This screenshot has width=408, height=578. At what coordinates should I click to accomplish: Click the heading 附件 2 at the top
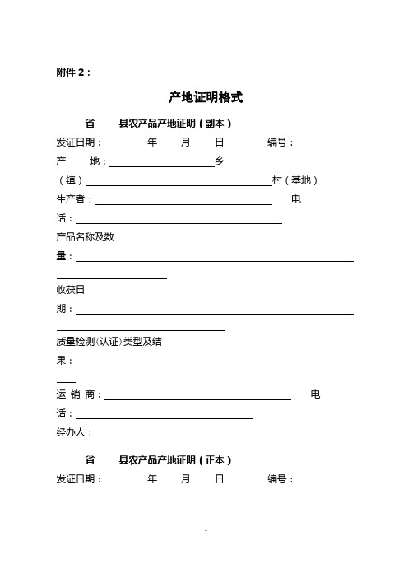[74, 72]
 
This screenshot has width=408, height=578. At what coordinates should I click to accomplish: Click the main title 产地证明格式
[206, 97]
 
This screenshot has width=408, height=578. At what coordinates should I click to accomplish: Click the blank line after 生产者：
[184, 203]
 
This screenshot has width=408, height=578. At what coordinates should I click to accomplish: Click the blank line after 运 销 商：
[198, 399]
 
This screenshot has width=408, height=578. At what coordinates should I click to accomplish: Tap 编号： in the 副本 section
[281, 142]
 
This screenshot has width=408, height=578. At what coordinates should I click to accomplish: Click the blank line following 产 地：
[161, 165]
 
